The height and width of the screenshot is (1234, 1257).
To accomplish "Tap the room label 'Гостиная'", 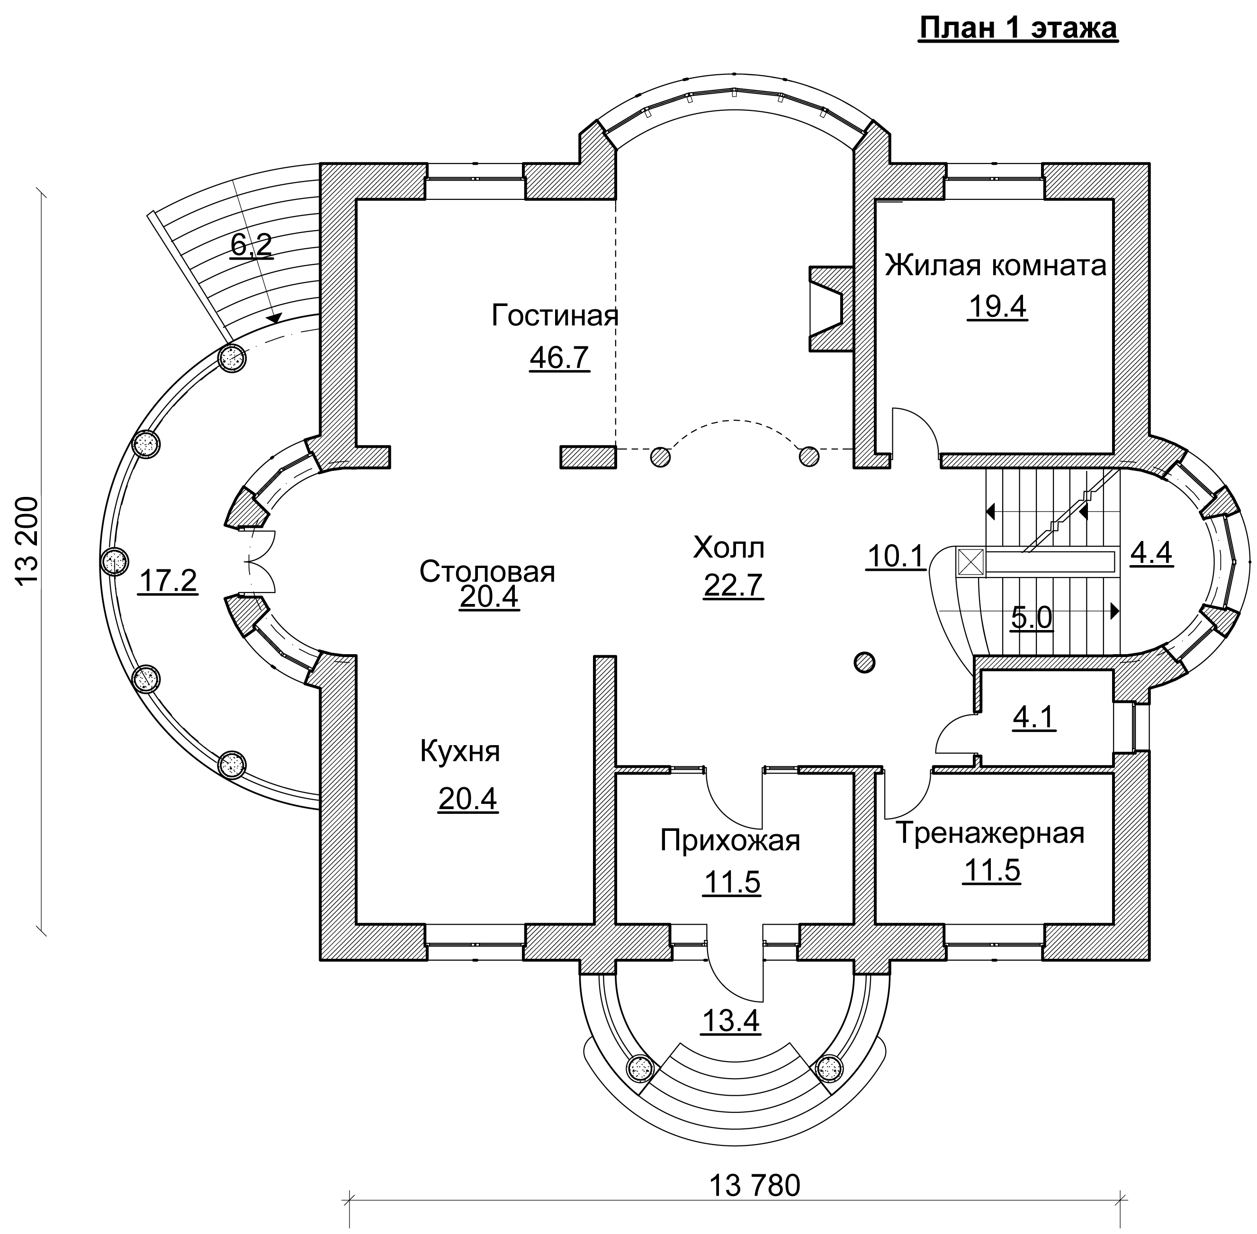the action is (x=555, y=315).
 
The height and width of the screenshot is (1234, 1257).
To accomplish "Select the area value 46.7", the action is (x=559, y=357).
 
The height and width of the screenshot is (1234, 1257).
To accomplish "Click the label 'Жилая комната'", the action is (x=996, y=265).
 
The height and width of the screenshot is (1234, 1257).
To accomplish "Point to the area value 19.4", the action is (x=997, y=306).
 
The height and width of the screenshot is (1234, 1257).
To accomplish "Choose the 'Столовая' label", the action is (x=487, y=572).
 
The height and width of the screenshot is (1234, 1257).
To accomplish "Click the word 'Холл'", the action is (x=729, y=548).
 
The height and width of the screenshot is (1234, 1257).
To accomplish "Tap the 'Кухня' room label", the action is (x=460, y=752).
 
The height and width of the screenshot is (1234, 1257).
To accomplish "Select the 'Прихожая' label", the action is (x=730, y=841).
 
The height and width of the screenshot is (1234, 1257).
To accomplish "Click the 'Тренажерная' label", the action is (x=989, y=833).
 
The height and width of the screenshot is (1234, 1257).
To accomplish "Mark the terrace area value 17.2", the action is (x=167, y=581).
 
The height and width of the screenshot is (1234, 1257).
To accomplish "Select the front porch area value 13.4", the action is (x=730, y=1021).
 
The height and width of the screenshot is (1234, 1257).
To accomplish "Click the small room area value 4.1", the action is (x=1034, y=718).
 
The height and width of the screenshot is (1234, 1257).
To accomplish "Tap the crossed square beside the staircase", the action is (x=970, y=562).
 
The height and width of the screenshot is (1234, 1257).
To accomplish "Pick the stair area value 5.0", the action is (x=1032, y=618).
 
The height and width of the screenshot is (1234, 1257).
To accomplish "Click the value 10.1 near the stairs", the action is (x=896, y=556).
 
